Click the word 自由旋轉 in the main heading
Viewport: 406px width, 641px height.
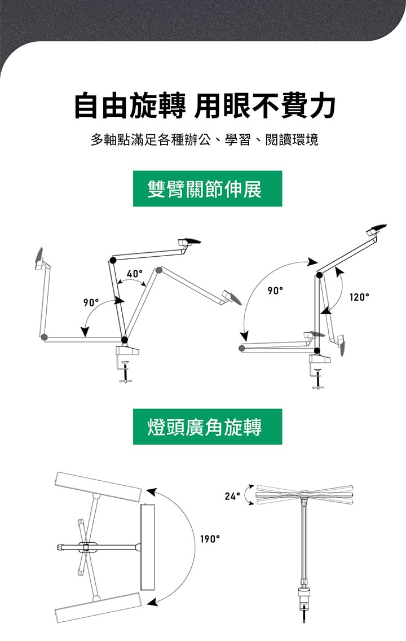coord(130,106)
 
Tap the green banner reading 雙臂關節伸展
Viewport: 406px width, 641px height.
coord(207,189)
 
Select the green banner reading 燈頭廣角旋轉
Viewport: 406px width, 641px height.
coord(207,427)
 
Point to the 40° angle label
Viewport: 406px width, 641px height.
coord(135,274)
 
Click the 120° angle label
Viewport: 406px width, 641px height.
coord(359,297)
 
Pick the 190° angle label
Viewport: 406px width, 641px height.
coord(210,539)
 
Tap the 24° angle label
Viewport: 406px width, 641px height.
coord(232,496)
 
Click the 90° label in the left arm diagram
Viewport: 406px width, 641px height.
coord(91,302)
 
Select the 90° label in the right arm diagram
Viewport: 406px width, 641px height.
coord(275,291)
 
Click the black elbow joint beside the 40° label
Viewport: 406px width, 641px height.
coord(113,260)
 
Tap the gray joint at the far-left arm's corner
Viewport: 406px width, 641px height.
coord(45,337)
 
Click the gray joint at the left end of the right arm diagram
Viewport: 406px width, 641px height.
coord(242,349)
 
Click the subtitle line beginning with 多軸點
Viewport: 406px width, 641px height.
coord(204,139)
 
